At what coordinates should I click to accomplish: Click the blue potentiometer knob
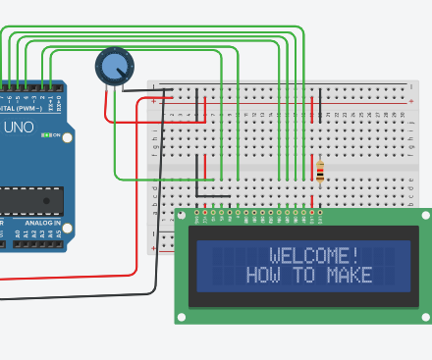(114, 67)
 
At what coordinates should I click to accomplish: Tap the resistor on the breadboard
(319, 172)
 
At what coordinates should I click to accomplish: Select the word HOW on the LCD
(264, 276)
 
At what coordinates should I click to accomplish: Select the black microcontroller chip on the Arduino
(29, 200)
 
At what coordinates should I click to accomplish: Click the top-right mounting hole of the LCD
(424, 215)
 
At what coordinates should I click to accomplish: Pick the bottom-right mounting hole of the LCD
(424, 316)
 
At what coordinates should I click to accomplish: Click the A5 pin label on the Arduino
(58, 233)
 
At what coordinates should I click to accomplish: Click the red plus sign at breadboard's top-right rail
(411, 101)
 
